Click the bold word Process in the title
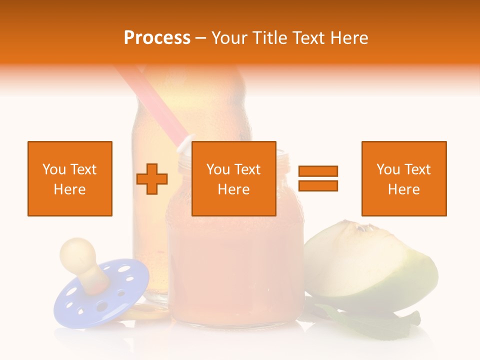point(157,38)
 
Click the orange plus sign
point(152,179)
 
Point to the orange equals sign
point(318,178)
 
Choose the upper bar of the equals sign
point(318,171)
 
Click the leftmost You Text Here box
point(70,178)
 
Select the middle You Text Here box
point(233,178)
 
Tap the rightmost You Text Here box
point(404,178)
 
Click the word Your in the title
point(230,38)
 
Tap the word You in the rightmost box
point(388,169)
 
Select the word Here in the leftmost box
point(70,189)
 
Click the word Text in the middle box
point(247,169)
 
